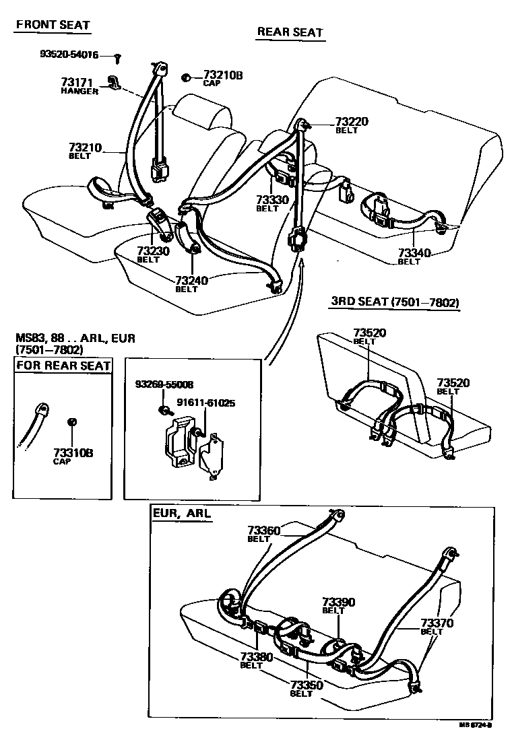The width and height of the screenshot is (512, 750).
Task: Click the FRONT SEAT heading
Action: (53, 25)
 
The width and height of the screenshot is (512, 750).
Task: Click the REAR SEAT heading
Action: (290, 32)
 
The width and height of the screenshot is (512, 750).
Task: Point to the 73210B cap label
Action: (222, 75)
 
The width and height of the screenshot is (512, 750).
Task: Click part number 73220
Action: (352, 122)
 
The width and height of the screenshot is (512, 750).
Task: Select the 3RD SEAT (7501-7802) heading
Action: (395, 302)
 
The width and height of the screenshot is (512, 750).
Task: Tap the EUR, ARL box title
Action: (182, 513)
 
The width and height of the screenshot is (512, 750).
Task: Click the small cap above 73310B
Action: (73, 421)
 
